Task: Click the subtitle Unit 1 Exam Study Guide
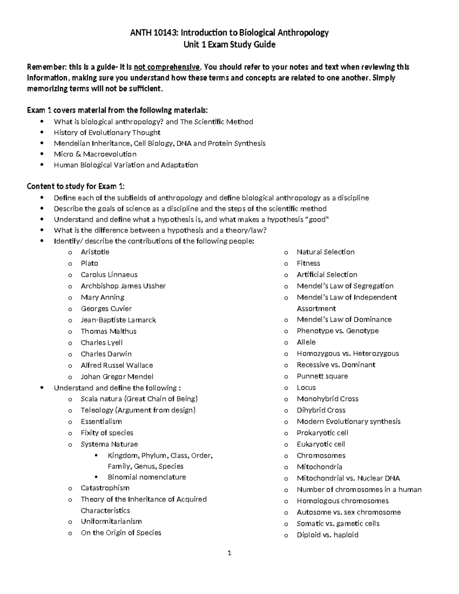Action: coord(229,44)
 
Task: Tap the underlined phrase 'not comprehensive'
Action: coord(166,67)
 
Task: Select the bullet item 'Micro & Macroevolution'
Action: coord(95,154)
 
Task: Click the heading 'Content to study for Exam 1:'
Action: coord(76,186)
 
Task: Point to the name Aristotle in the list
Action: coord(95,252)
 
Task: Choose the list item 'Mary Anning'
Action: coord(103,297)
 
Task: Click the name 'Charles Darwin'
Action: coord(106,354)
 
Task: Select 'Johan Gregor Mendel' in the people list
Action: coord(117,376)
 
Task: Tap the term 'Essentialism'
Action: coord(101,421)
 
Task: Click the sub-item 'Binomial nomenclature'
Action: coord(147,477)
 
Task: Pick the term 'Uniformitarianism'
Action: coord(111,521)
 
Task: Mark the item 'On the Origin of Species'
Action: coord(121,533)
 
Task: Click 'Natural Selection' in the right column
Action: coord(326,252)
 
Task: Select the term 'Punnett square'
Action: coord(322,376)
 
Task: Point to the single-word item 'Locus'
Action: coord(306,387)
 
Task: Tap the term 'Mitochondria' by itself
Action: coord(319,467)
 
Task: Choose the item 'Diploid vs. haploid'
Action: coord(327,535)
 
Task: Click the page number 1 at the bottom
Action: coord(229,553)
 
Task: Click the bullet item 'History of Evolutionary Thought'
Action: coord(107,133)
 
